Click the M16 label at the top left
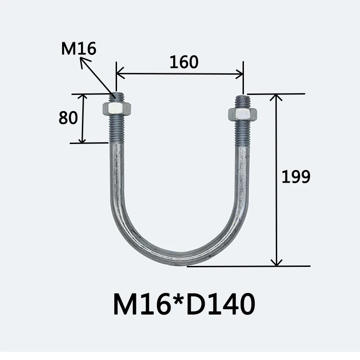click(x=79, y=49)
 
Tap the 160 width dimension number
click(x=184, y=62)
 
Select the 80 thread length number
click(x=68, y=118)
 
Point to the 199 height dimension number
click(x=296, y=176)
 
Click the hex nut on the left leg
click(x=117, y=109)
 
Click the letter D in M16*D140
click(x=197, y=304)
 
